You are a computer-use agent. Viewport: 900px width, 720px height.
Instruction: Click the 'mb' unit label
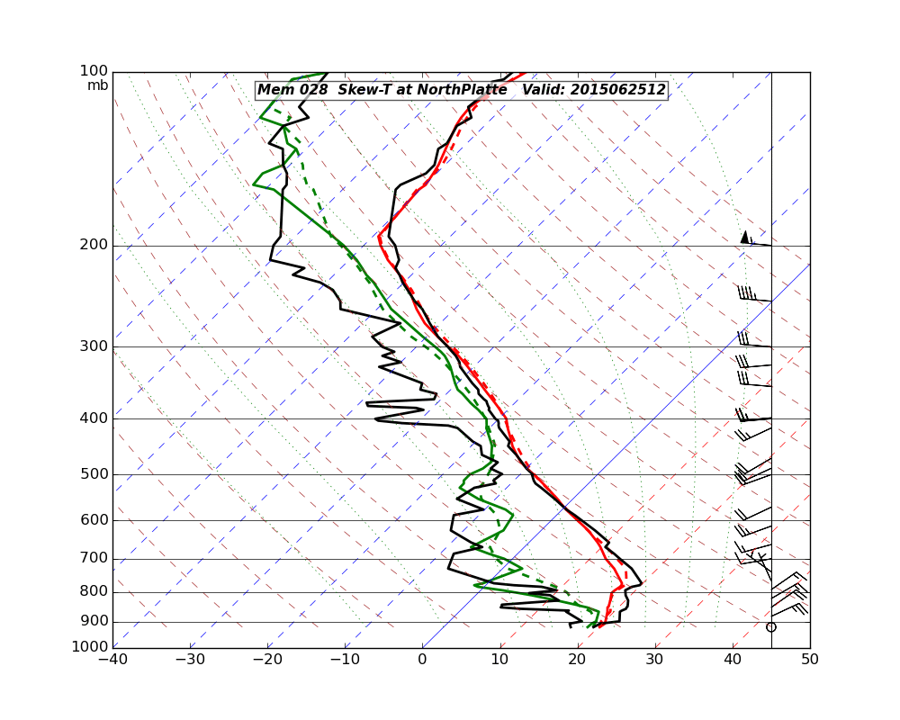tap(97, 85)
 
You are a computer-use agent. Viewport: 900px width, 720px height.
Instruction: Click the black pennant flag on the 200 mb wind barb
tap(744, 237)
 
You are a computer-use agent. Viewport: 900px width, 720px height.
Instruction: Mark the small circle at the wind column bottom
tap(770, 627)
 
